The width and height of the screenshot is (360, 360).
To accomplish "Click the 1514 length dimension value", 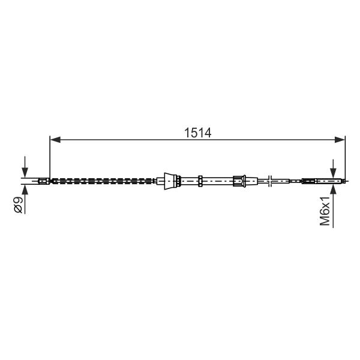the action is (x=197, y=133).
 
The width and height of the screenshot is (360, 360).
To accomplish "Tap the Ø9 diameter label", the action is (x=18, y=205).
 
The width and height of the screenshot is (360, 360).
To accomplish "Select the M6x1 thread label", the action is (x=325, y=211).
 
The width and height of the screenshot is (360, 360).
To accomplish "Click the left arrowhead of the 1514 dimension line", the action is (x=55, y=139).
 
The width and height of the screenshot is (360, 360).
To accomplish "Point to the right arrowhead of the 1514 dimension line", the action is (x=340, y=139).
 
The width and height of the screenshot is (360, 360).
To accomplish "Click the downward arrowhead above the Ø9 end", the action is (x=25, y=172).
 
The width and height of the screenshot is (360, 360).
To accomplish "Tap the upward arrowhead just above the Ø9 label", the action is (x=25, y=190).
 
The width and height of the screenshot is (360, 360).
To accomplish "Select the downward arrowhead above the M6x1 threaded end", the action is (x=333, y=172).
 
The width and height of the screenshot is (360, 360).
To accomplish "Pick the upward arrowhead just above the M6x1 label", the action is (x=333, y=190).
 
